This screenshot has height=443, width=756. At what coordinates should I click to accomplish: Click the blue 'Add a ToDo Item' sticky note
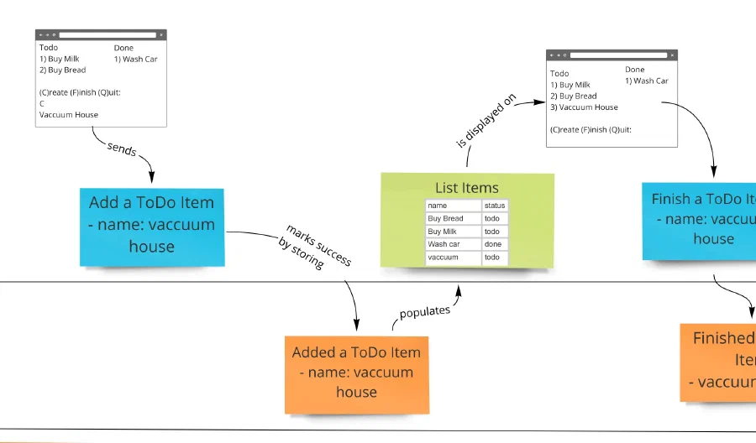(153, 225)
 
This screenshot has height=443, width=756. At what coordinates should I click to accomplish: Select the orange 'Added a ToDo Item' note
(357, 373)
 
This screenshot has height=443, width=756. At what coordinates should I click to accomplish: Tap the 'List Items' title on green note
(466, 188)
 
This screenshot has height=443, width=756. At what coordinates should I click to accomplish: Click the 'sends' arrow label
(122, 149)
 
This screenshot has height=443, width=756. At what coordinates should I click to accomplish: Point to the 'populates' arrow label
(424, 311)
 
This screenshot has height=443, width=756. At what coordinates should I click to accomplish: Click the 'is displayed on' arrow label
(486, 122)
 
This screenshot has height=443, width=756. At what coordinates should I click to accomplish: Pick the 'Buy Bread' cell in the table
(452, 218)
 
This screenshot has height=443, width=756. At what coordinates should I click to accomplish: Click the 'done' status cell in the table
(495, 244)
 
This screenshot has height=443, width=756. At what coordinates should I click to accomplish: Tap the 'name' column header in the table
(452, 206)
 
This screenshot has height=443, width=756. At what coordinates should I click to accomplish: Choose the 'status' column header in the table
(495, 206)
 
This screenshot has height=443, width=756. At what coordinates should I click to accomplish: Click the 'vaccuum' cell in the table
(452, 258)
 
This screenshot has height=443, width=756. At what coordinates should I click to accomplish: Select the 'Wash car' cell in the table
(452, 244)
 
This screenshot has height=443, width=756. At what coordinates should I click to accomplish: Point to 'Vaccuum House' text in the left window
(69, 115)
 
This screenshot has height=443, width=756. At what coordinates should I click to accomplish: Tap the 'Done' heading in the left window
(123, 48)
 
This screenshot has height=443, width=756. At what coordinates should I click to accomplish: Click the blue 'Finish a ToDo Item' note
(702, 220)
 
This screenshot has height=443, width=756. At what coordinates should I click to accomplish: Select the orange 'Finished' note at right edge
(721, 361)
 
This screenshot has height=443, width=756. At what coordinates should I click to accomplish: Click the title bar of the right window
(612, 55)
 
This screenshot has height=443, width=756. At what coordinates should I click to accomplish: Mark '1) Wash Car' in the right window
(647, 81)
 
